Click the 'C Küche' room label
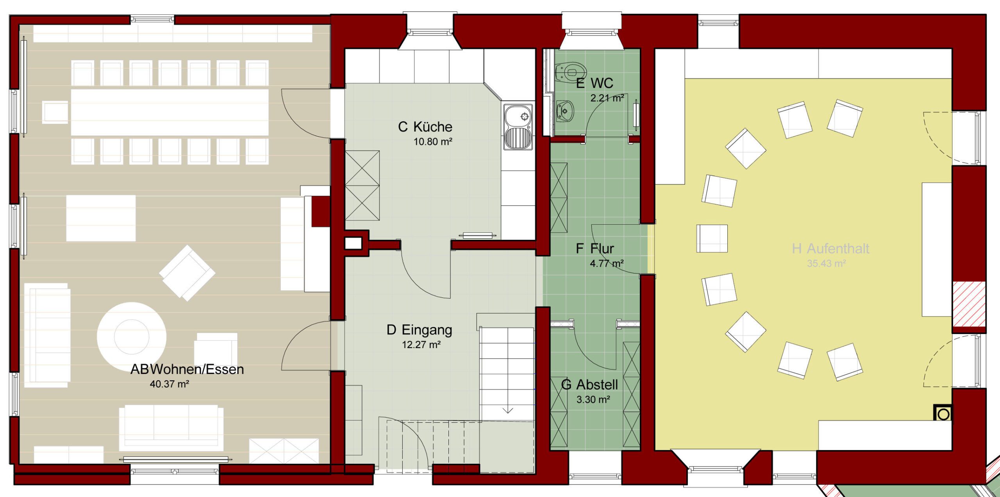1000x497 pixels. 425,127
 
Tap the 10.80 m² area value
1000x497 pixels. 433,141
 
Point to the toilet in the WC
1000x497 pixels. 571,72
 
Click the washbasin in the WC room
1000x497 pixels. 564,111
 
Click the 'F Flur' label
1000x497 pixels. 595,248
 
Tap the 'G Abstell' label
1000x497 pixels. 589,385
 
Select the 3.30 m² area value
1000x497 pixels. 593,399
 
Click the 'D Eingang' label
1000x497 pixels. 419,330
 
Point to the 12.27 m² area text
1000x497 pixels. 421,345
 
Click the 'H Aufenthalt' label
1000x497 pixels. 830,248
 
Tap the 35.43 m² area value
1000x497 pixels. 826,263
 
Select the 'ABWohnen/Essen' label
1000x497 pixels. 187,369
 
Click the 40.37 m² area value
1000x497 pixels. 170,384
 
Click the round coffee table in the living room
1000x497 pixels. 132,337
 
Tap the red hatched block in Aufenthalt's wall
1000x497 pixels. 969,304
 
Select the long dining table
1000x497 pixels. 170,113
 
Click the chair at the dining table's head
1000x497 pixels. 55,112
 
